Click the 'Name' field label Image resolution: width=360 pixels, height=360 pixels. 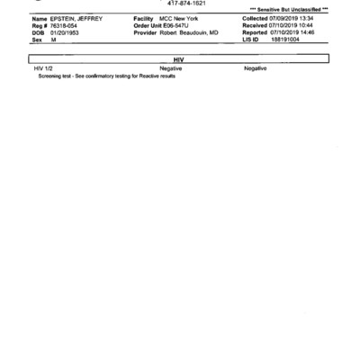(40, 18)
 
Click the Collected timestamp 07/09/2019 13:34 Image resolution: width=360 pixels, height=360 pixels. (294, 18)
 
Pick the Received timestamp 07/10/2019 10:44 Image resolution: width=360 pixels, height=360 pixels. (294, 25)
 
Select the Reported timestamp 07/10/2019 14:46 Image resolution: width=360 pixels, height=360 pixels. (294, 32)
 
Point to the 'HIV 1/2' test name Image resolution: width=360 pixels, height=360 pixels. (44, 68)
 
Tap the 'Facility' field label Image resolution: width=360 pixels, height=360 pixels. (146, 18)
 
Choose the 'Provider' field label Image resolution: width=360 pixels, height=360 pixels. (147, 32)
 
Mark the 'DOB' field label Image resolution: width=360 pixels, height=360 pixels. (39, 32)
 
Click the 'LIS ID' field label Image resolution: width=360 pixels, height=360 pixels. (251, 40)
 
